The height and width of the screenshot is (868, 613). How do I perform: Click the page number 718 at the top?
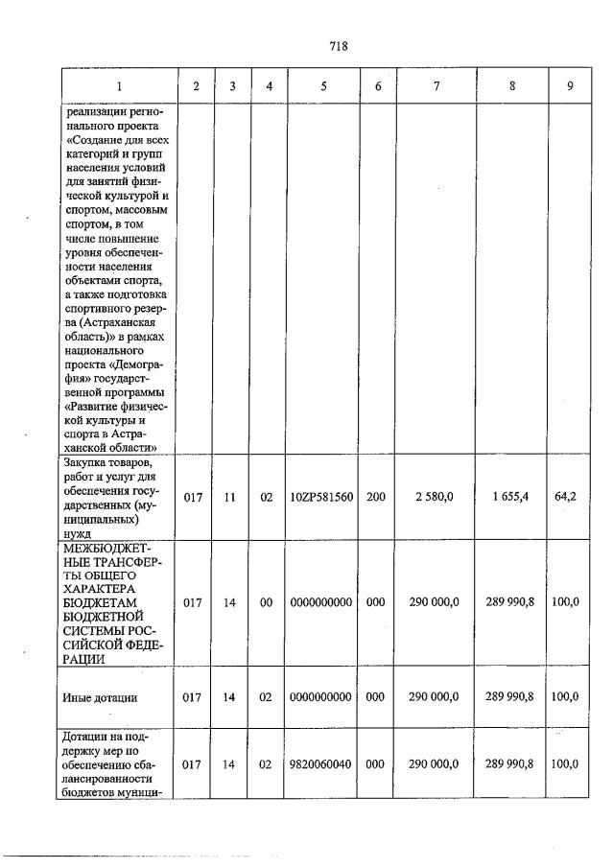point(337,46)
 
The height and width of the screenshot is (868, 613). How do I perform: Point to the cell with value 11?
point(229,498)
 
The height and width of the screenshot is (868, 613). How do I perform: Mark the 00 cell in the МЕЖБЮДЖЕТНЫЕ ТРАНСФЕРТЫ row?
point(269,601)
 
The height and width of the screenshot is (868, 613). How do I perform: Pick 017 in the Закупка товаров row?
point(191,498)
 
